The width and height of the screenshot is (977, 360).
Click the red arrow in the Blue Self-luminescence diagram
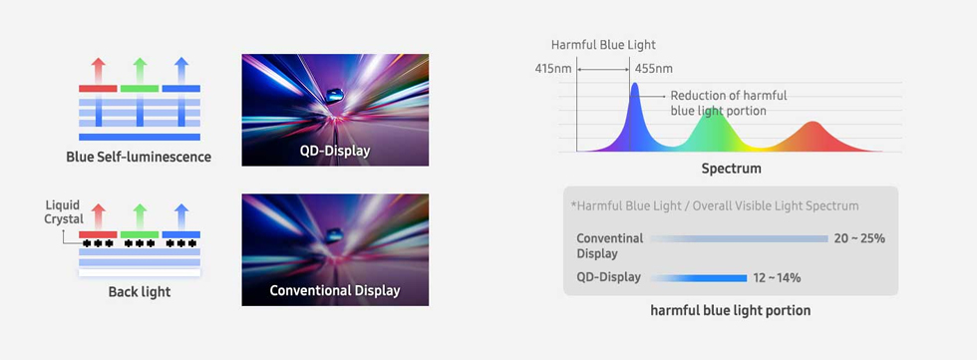98,70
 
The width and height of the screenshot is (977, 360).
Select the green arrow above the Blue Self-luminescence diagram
139,70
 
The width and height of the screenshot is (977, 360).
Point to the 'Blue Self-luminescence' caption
139,157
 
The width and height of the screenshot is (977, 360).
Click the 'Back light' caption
139,292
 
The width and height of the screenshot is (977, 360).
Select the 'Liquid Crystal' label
63,212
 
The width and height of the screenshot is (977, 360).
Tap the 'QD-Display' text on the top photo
335,151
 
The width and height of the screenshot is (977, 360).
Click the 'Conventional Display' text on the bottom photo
335,291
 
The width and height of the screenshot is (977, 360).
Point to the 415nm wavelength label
553,69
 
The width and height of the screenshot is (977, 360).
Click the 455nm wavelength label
653,69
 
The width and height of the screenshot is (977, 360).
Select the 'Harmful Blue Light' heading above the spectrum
603,45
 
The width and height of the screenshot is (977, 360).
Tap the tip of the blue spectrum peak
634,86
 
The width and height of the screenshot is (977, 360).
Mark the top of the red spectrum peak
812,124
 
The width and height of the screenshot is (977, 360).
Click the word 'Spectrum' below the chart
731,169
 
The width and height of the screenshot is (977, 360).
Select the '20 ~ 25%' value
859,238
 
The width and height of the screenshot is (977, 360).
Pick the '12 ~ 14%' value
777,277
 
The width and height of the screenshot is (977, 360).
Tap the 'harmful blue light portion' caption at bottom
731,310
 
